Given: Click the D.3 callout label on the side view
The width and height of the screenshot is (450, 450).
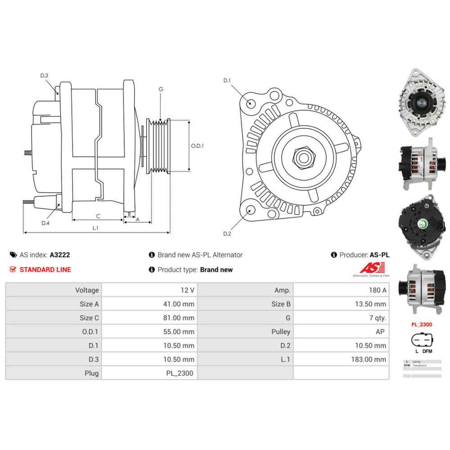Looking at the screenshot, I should tap(44, 76).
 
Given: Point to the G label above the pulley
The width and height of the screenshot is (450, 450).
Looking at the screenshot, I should tap(161, 89).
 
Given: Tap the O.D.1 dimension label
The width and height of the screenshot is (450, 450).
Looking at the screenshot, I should tap(198, 146).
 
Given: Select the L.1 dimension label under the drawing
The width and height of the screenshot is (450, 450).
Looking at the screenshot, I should tap(95, 228).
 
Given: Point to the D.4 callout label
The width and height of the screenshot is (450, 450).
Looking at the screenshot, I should tap(45, 223).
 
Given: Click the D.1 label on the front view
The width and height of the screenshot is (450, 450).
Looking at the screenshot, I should tap(227, 81).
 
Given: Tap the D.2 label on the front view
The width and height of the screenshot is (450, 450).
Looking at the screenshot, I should tap(227, 233).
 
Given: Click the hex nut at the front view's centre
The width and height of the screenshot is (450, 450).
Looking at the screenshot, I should tap(301, 157).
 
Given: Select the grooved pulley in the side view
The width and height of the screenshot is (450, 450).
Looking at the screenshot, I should tap(158, 146).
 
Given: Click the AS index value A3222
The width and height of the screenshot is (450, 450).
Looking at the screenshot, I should tap(60, 255).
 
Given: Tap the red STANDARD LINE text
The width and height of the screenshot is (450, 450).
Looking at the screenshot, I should tap(45, 270).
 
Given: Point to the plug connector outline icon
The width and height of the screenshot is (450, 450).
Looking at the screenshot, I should tap(421, 340).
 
